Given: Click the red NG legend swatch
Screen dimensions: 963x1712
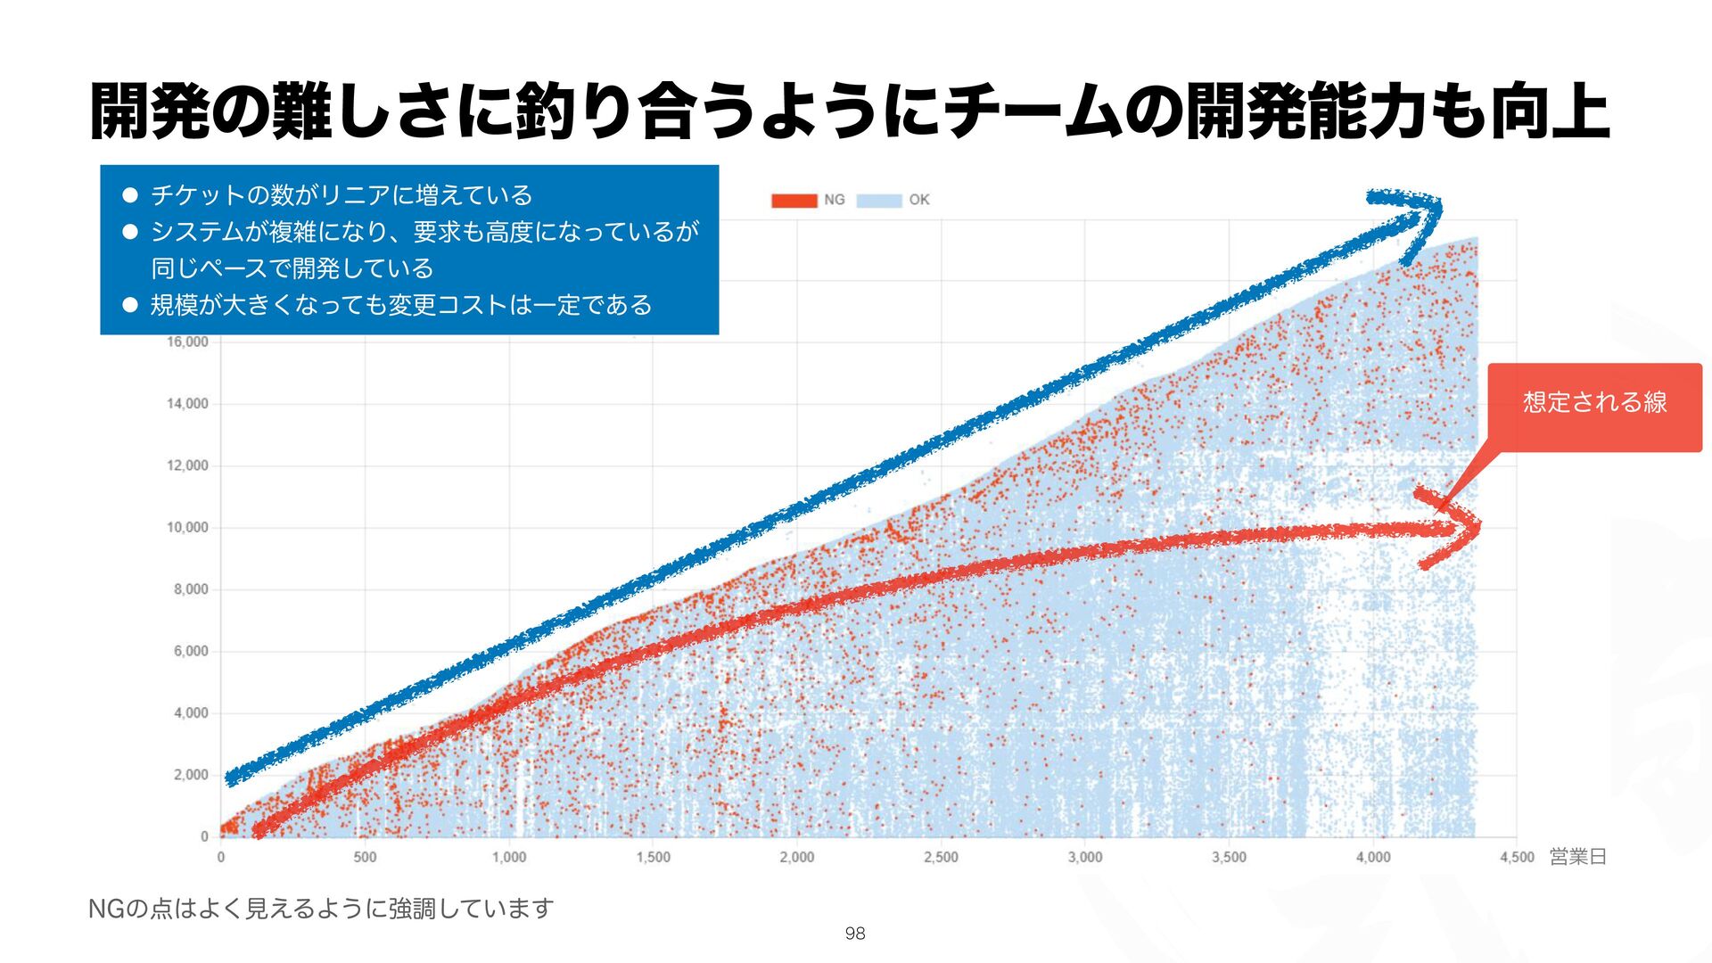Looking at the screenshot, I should point(794,201).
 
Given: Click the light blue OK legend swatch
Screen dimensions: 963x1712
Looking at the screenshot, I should point(878,201).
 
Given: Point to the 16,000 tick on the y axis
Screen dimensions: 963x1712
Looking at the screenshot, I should point(187,342).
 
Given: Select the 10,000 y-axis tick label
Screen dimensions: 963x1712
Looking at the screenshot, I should point(187,528).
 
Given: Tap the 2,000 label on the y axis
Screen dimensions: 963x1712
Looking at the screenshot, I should point(191,775).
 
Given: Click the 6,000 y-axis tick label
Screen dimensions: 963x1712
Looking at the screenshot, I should point(191,652).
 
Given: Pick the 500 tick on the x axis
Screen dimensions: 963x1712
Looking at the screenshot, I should point(365,857).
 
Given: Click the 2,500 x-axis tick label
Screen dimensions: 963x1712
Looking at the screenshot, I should point(941,857).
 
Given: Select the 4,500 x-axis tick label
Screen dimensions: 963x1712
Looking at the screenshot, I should point(1517,857).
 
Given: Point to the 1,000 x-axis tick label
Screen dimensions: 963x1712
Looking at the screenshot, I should point(509,857).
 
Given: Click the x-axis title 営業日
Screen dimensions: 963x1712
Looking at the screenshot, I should point(1577,857).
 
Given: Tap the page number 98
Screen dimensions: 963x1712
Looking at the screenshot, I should point(854,934).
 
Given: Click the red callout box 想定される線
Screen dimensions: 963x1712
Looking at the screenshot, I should point(1594,403).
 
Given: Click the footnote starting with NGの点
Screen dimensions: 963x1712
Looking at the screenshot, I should point(321,909).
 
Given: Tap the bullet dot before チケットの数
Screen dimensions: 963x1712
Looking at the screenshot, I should point(130,194).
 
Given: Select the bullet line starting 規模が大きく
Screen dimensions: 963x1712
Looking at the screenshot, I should point(401,305).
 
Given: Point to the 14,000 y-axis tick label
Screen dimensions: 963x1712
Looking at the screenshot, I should point(187,404).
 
